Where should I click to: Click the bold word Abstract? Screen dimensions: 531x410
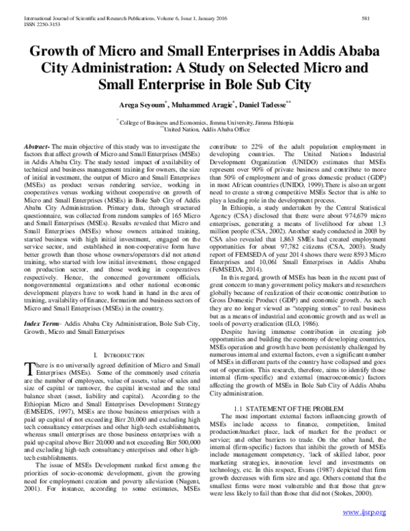point(37,146)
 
